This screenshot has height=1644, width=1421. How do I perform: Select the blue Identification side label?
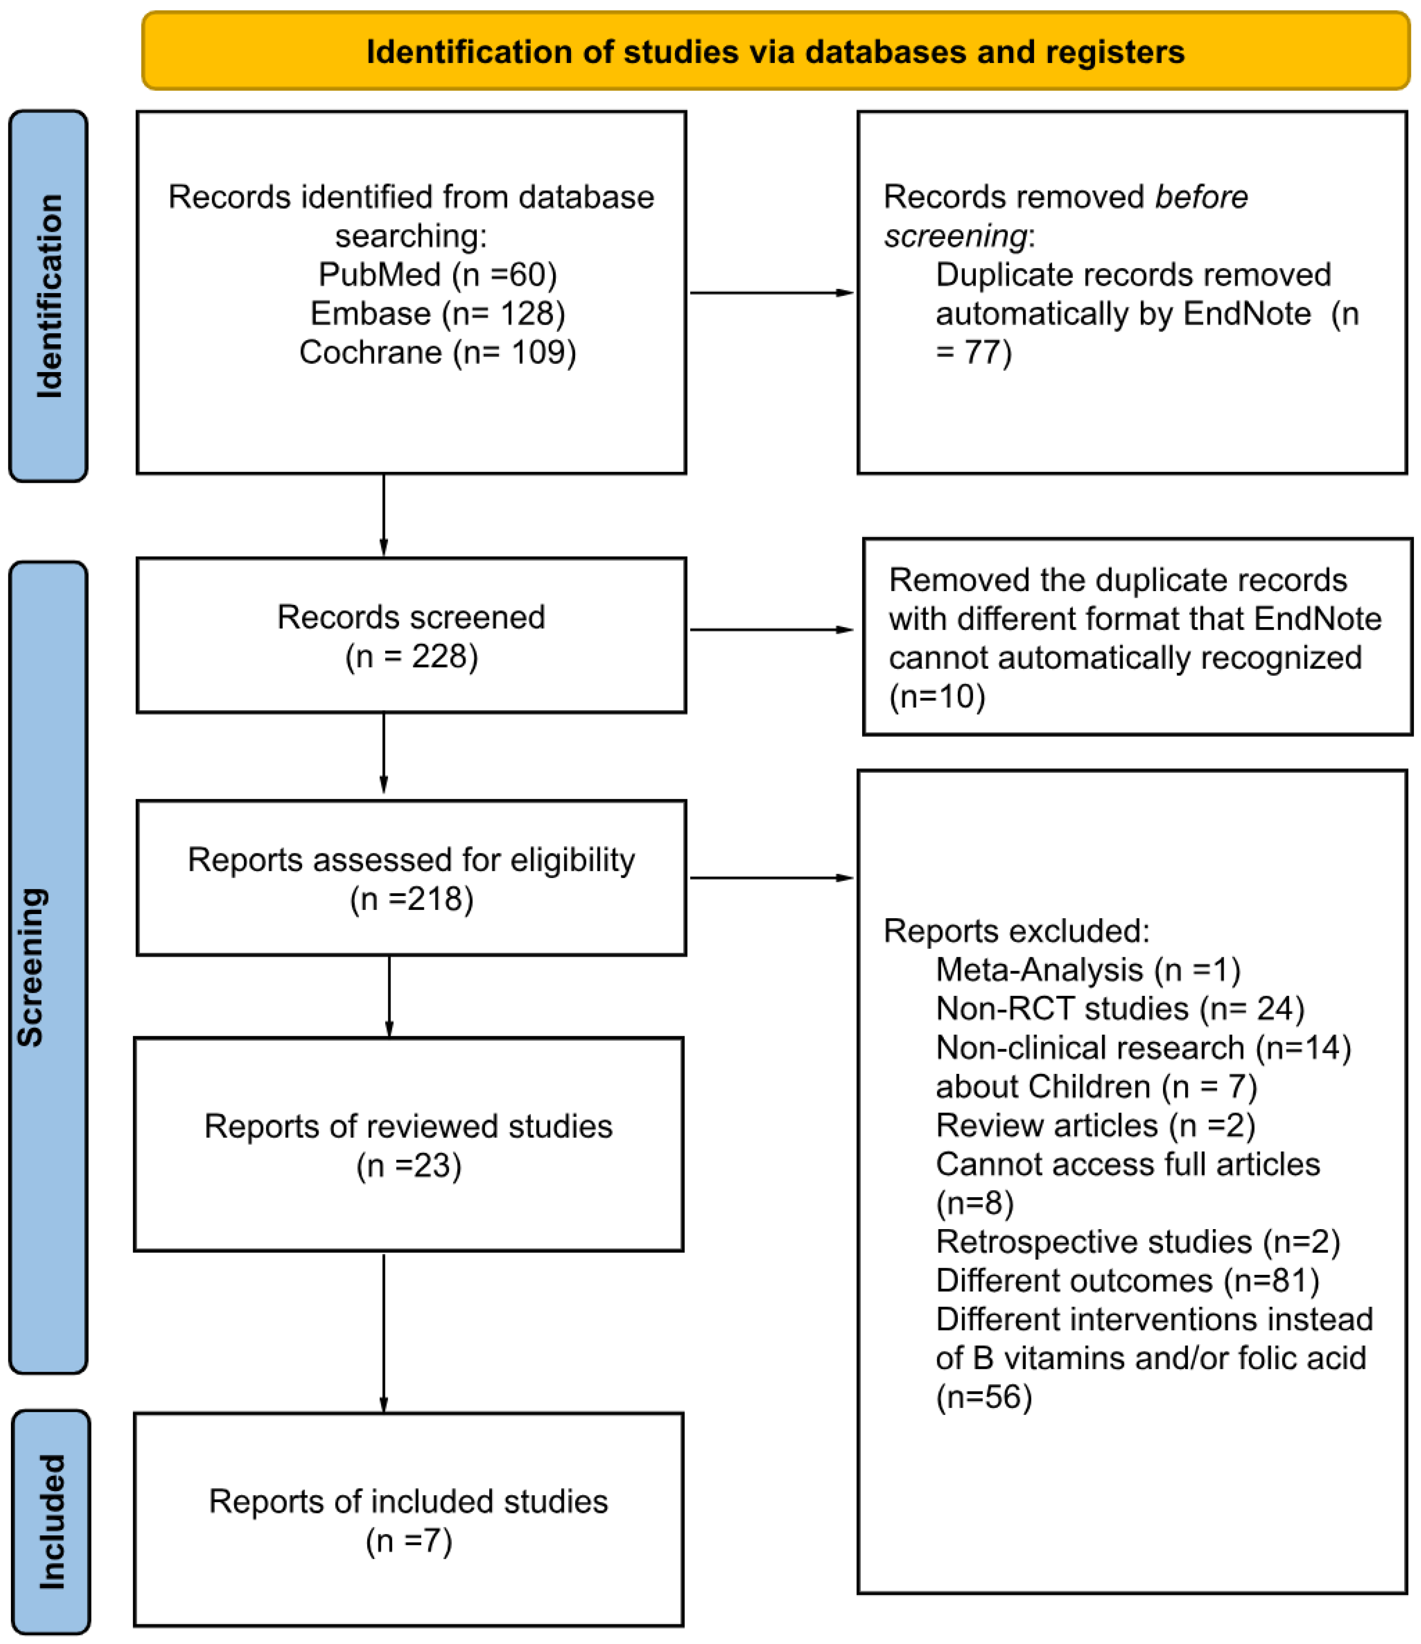[48, 295]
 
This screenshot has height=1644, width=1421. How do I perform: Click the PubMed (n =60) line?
[437, 274]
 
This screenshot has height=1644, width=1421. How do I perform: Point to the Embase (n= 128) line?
[437, 313]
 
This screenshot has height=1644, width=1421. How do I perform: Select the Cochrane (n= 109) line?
[437, 352]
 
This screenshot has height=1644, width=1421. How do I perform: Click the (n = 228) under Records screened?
[411, 657]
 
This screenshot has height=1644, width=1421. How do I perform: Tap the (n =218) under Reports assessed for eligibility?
[411, 899]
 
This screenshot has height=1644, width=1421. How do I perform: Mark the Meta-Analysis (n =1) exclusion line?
[1088, 969]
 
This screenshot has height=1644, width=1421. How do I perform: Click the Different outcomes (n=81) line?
[1127, 1281]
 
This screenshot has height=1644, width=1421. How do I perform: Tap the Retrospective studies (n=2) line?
[1138, 1242]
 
